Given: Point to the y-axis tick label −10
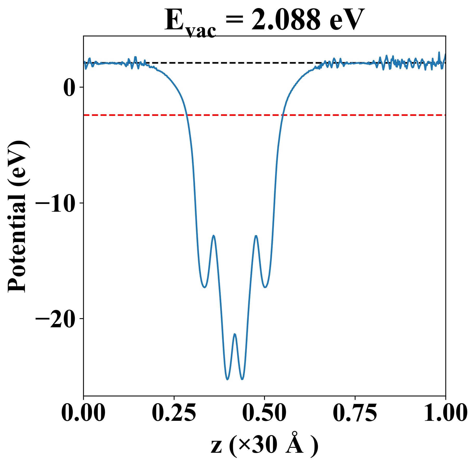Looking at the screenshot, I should pos(56,203).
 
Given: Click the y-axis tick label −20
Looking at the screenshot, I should pos(56,319).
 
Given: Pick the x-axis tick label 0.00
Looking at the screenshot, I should pos(83,413).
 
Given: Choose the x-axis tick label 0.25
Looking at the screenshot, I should pos(174,413).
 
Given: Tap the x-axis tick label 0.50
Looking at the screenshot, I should pos(264,413).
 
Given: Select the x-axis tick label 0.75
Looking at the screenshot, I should pos(355,413).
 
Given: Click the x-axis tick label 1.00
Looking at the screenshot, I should pos(445,413).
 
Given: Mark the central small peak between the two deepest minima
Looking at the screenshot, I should pos(235,334).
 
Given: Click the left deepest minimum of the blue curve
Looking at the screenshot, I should pos(227,380).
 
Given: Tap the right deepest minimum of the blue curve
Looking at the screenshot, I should pos(242,380).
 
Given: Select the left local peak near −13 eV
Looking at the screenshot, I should pos(213,236).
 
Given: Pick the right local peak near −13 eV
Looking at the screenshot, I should pos(256,236).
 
